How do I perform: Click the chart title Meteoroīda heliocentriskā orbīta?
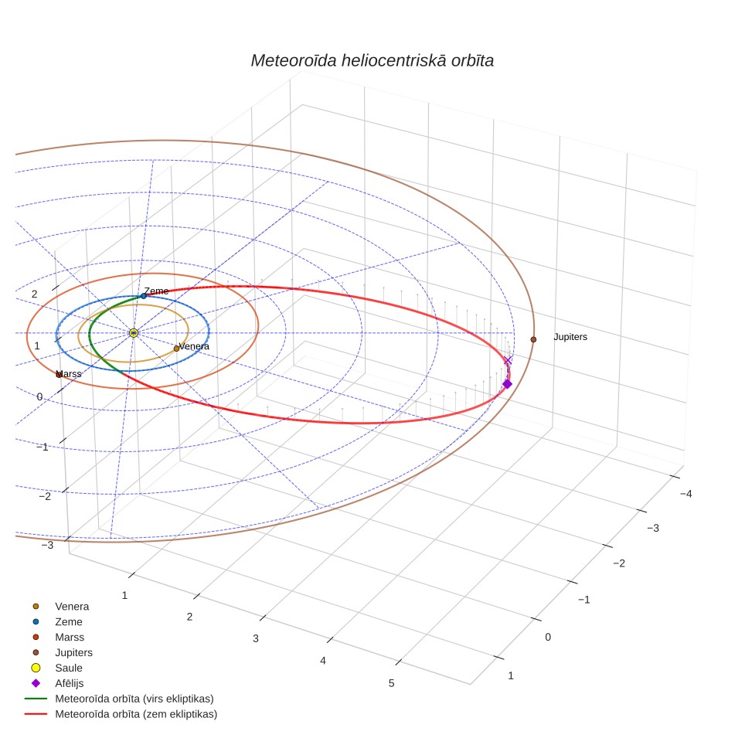point(372,61)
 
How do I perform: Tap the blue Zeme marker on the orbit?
point(144,296)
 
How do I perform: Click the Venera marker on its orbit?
point(176,349)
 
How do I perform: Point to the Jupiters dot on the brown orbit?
point(533,339)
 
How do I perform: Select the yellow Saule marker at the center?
point(134,333)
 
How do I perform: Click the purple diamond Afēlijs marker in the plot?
point(507,384)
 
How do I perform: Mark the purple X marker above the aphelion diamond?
point(508,361)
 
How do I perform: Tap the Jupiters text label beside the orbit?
point(570,337)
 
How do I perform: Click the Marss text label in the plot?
point(69,374)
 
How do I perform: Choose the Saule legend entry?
point(57,668)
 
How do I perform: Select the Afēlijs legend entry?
point(57,683)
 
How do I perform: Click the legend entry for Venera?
point(60,606)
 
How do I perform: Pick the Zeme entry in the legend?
point(57,622)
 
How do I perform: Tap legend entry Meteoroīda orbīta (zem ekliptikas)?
point(121,714)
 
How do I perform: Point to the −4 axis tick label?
point(685,494)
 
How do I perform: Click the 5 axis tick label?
point(392,683)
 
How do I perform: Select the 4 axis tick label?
point(323,661)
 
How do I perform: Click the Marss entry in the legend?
point(57,637)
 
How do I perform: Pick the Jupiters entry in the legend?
point(62,652)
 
